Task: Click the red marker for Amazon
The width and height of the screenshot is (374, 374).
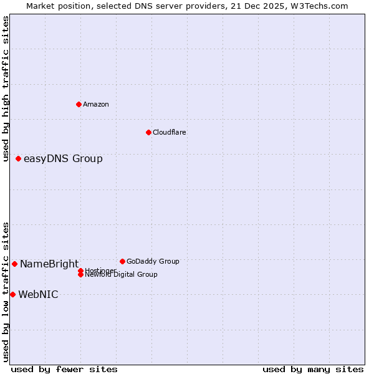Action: pyautogui.click(x=79, y=104)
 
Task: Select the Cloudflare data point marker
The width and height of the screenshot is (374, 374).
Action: pyautogui.click(x=148, y=132)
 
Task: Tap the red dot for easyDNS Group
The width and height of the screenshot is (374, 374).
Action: pyautogui.click(x=19, y=158)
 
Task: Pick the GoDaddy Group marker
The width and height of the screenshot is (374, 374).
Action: pyautogui.click(x=122, y=261)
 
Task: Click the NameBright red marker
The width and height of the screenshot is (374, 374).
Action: pyautogui.click(x=15, y=264)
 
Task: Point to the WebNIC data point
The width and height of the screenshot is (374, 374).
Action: pyautogui.click(x=12, y=294)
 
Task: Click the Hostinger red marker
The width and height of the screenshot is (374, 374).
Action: pyautogui.click(x=81, y=271)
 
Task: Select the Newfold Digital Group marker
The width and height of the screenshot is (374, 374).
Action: pyautogui.click(x=81, y=275)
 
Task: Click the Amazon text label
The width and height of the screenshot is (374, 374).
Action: pyautogui.click(x=96, y=104)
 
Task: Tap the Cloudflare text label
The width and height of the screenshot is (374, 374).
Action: pyautogui.click(x=170, y=132)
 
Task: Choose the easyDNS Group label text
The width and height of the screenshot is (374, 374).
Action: pyautogui.click(x=63, y=158)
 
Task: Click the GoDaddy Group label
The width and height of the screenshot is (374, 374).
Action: pyautogui.click(x=153, y=261)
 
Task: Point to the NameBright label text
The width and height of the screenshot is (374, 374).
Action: pyautogui.click(x=49, y=264)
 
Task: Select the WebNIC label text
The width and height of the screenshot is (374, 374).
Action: pyautogui.click(x=38, y=294)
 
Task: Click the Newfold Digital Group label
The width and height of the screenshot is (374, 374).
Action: pyautogui.click(x=121, y=275)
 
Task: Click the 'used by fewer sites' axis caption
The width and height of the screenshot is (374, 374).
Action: pyautogui.click(x=64, y=369)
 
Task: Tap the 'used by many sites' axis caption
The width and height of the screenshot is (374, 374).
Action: pyautogui.click(x=313, y=369)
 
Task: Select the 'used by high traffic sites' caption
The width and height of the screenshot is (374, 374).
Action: pyautogui.click(x=6, y=89)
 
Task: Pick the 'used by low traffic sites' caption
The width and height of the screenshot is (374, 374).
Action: pyautogui.click(x=6, y=292)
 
